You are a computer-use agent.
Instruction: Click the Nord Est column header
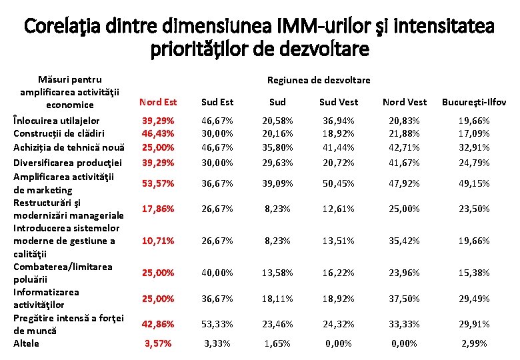[157, 102]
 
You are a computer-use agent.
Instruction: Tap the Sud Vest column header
[338, 102]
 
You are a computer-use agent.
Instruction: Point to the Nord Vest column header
[405, 102]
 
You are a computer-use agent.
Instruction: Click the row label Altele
[27, 343]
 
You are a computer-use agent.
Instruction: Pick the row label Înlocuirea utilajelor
[57, 121]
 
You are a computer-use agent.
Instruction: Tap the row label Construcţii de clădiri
[59, 133]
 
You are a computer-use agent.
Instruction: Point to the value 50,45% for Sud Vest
[338, 183]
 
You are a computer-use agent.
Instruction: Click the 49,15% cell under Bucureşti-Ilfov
[474, 183]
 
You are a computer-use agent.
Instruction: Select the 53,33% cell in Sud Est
[217, 324]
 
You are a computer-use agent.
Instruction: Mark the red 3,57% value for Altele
[158, 343]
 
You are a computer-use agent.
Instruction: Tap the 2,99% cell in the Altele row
[474, 343]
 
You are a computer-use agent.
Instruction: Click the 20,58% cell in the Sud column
[277, 121]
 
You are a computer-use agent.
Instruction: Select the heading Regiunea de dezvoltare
[319, 80]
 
